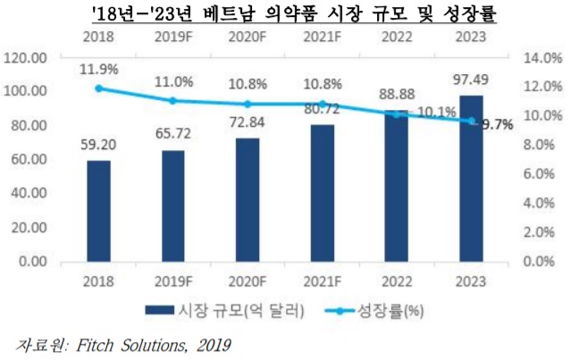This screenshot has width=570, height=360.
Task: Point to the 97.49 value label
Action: [471, 82]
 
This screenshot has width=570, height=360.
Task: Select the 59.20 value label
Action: [98, 147]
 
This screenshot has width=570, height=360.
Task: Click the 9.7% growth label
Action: [497, 125]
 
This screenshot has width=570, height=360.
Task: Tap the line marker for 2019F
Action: [173, 101]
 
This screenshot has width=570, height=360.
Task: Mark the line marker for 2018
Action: [99, 88]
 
